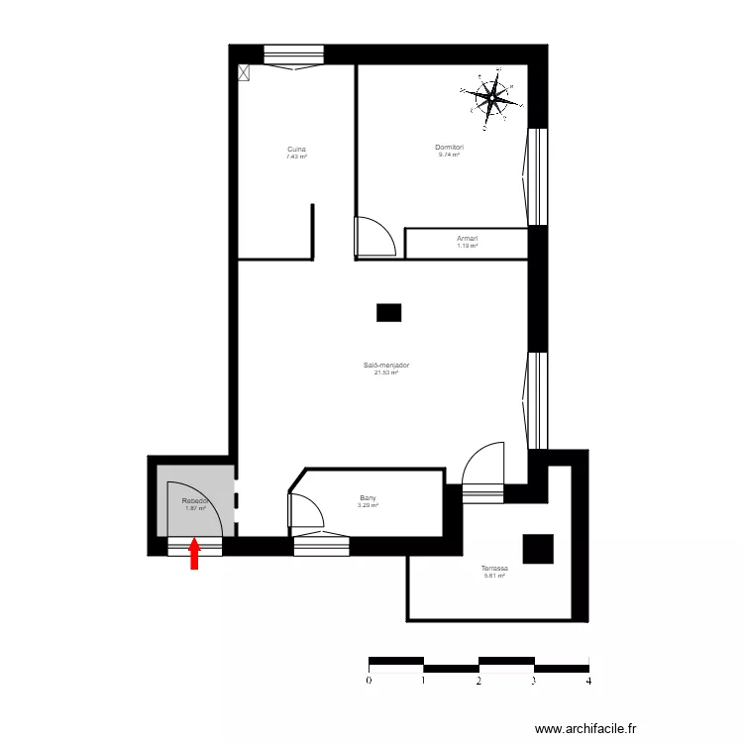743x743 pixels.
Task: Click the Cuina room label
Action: [296, 149]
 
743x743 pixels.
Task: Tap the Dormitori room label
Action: [450, 148]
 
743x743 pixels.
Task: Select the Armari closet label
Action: [467, 238]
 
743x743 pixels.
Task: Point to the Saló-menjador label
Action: [386, 365]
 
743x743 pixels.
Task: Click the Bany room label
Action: [368, 498]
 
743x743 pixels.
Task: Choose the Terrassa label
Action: [494, 569]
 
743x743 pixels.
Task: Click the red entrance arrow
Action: [194, 554]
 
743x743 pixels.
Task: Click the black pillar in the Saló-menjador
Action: [388, 313]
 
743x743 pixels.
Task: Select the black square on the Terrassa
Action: [539, 548]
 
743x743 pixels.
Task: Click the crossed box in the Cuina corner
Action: [244, 71]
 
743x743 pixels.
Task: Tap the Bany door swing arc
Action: [308, 511]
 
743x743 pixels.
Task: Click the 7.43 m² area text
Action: [296, 157]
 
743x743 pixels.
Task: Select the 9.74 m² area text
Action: [449, 156]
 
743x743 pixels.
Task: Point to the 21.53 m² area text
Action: [386, 372]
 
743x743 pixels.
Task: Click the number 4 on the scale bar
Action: [588, 681]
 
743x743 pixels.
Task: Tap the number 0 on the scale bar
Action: [369, 681]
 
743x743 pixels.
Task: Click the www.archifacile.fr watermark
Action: [585, 726]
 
